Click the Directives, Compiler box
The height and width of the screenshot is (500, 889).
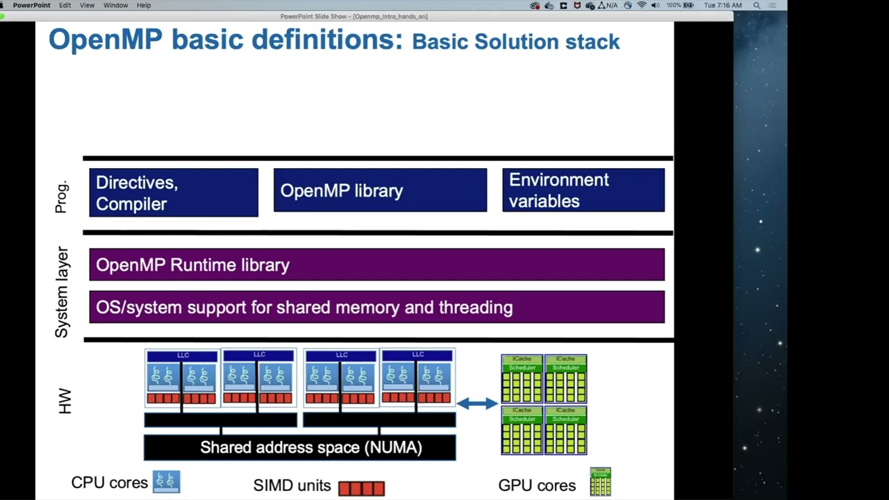[x=174, y=192]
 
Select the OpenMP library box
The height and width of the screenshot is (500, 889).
[x=380, y=190]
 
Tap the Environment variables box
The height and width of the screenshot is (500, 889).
[x=583, y=190]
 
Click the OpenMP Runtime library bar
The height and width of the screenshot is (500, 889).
[x=376, y=265]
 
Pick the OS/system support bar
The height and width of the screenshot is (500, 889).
[x=376, y=307]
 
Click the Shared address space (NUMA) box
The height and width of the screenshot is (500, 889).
[x=300, y=447]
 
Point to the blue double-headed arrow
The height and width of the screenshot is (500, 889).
[x=477, y=403]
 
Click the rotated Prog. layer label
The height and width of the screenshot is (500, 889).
[x=62, y=197]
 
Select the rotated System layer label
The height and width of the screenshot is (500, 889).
[x=62, y=292]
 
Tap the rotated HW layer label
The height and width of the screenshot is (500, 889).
[x=65, y=401]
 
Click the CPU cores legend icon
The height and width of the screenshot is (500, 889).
[x=167, y=481]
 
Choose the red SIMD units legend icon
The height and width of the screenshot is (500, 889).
[x=361, y=488]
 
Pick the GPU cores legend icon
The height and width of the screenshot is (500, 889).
[x=600, y=482]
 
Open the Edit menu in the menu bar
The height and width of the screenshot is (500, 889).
[x=65, y=5]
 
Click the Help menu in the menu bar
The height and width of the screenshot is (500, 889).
[x=144, y=5]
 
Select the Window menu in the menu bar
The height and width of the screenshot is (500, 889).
[x=115, y=5]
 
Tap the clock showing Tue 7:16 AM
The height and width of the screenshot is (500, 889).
[x=722, y=5]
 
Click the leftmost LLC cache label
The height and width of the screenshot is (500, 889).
[x=183, y=356]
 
